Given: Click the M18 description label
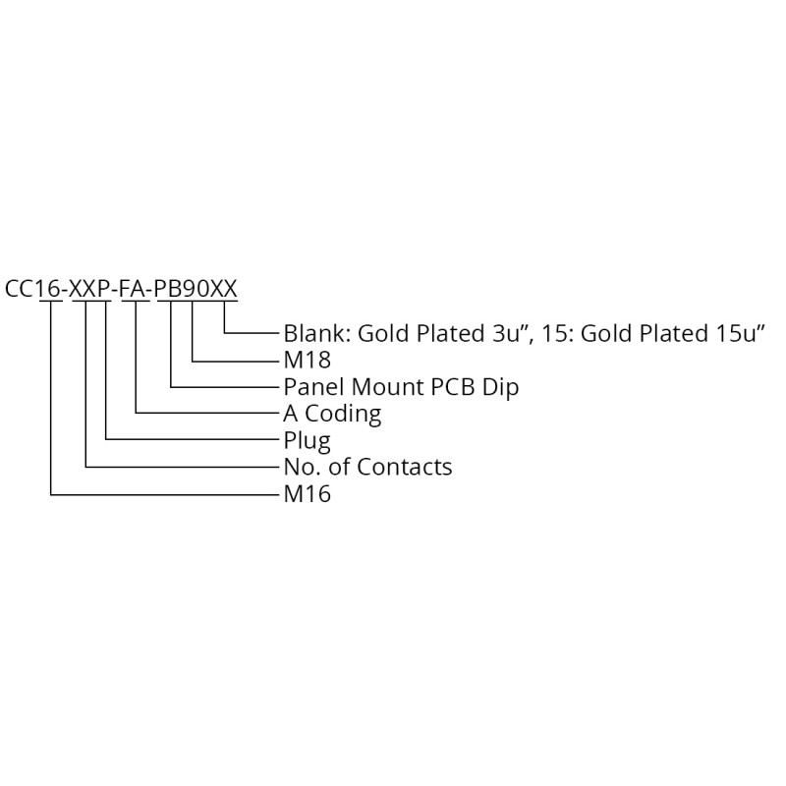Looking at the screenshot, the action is pos(308,360).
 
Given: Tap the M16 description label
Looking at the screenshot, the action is pos(308,494).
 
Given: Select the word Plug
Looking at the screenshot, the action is pos(308,441).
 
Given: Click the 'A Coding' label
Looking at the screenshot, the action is pos(332,414).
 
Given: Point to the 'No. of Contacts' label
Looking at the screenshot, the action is pos(367,468).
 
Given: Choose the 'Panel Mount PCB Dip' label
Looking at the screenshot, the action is pos(401,387).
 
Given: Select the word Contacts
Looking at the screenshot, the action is pos(405,468).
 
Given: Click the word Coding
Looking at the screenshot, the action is pos(343,415).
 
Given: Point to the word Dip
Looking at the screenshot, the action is pos(500,388).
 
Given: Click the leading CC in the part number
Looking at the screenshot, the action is pos(19,289).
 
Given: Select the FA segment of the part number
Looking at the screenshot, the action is pos(134,289).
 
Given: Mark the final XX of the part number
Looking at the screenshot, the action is pos(223,289).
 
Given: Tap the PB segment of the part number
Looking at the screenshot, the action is pos(168,289).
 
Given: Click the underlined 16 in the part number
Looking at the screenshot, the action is pos(49,289).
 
